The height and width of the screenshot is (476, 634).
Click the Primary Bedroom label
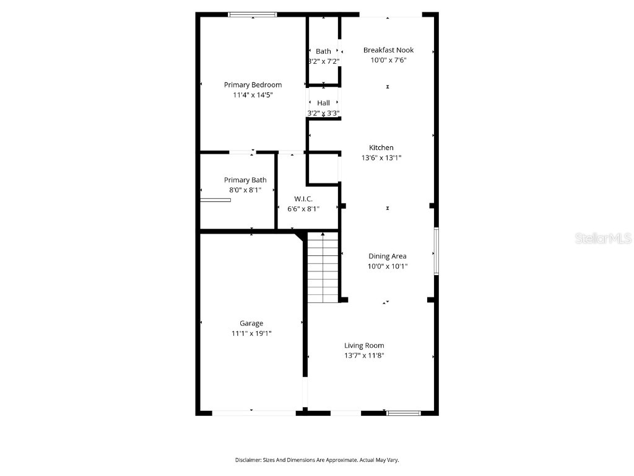pos(253,85)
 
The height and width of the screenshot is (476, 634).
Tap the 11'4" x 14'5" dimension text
pos(253,95)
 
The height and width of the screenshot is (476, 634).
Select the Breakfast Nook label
pos(388,50)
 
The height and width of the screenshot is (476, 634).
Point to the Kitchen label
pos(381,148)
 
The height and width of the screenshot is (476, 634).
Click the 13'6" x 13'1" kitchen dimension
pos(381,158)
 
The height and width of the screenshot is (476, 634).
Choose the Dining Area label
pos(388,256)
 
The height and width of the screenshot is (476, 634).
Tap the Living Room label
pos(364,345)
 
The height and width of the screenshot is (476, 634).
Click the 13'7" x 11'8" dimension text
pos(364,356)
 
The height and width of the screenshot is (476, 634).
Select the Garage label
pos(251,323)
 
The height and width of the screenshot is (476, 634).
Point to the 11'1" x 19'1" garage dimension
pos(251,333)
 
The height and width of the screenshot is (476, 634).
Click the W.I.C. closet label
pos(303,198)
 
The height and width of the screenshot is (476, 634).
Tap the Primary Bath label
pos(245,180)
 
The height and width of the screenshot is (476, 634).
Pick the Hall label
pos(323,103)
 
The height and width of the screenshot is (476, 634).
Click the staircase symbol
pos(323,268)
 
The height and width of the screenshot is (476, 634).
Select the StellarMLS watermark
pos(602,238)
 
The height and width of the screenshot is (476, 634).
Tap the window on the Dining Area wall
pos(436,251)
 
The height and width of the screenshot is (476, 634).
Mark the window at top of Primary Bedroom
pos(253,14)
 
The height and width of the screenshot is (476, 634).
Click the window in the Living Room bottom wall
pos(403,412)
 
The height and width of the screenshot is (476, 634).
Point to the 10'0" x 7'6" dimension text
pos(388,61)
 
